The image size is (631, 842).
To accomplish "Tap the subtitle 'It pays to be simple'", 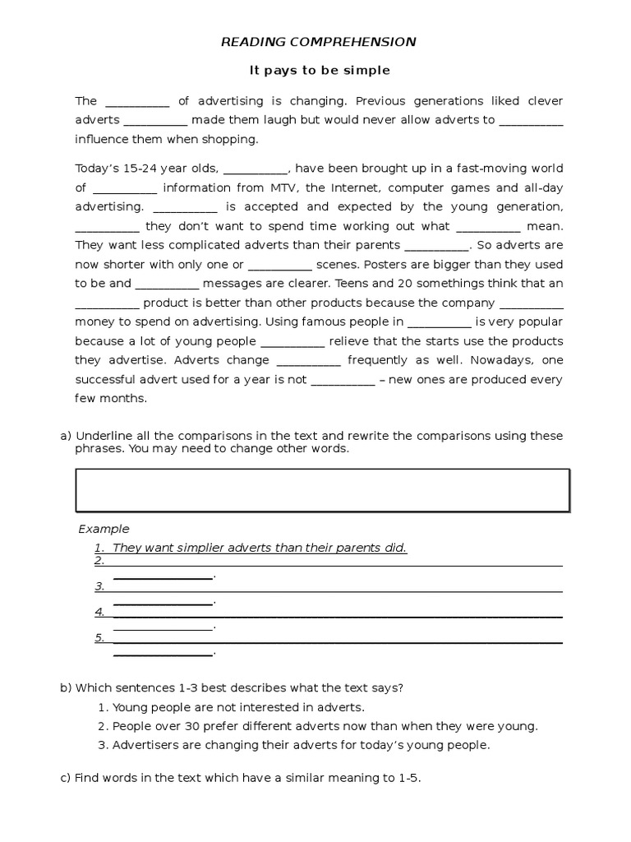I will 320,72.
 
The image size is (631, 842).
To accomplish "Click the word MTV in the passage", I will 284,187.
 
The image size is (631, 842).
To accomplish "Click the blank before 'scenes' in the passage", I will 279,266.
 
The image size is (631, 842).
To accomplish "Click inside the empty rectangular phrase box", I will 322,490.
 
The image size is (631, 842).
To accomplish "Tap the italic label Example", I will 104,529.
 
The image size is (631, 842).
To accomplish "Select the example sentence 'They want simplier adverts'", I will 260,548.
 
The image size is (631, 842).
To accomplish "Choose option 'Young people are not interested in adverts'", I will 238,707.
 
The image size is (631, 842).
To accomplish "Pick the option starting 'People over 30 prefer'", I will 325,726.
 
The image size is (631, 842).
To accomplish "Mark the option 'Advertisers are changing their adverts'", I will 301,746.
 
